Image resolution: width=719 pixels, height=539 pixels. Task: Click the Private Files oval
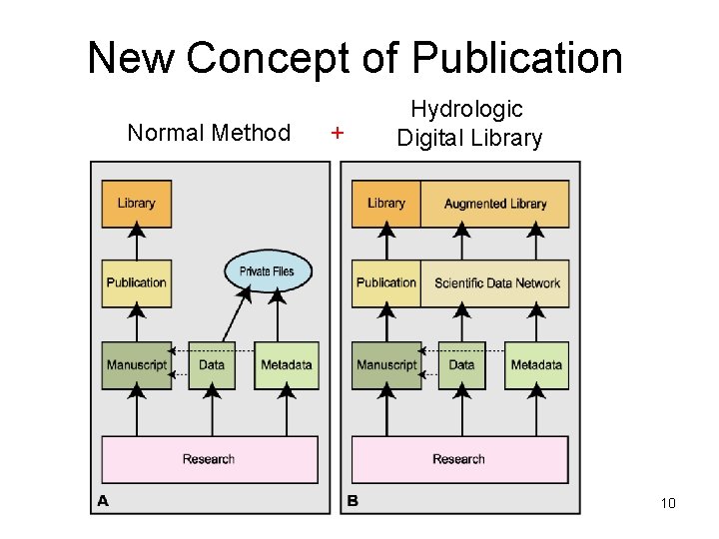click(x=268, y=270)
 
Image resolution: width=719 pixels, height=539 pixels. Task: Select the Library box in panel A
click(x=136, y=204)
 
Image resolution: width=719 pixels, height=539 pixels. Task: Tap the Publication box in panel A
click(x=136, y=282)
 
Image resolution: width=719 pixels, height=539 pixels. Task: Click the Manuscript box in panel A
click(x=136, y=365)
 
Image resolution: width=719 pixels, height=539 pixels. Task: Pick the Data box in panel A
click(x=212, y=365)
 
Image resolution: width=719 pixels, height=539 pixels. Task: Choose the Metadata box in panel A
click(x=287, y=365)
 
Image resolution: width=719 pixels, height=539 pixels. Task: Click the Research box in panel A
click(x=210, y=459)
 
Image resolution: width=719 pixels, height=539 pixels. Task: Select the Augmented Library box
click(x=495, y=204)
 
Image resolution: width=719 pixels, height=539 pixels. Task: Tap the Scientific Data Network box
click(x=496, y=282)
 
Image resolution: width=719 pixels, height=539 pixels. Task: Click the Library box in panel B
click(x=385, y=204)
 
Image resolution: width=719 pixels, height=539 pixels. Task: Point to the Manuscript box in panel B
click(x=385, y=365)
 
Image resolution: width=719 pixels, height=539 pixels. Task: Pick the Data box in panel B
click(x=461, y=365)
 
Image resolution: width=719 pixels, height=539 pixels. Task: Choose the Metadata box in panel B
click(x=536, y=365)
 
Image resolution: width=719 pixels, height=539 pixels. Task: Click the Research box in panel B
click(x=459, y=459)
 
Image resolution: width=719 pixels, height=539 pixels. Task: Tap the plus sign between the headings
click(x=338, y=133)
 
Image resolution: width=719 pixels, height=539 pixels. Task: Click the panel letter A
click(x=102, y=501)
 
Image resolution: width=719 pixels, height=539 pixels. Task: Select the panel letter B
click(x=353, y=501)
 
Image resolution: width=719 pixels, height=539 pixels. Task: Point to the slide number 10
click(x=668, y=503)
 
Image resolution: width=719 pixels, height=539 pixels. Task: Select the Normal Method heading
click(x=209, y=133)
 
